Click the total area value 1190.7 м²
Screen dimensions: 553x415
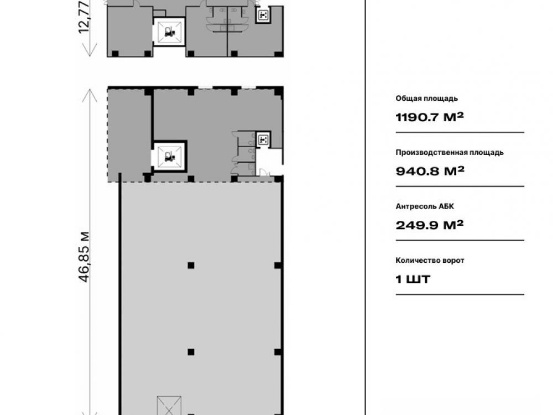pos(429,117)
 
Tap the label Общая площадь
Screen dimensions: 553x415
pos(426,98)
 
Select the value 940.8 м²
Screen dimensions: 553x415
pos(430,171)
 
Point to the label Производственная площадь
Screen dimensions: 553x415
pos(449,153)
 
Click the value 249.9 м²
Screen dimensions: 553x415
pos(429,225)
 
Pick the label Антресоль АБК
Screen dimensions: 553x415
pos(425,206)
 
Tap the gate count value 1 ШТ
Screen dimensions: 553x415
pos(413,279)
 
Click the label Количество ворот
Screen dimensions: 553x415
pos(430,261)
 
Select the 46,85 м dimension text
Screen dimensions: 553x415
pos(85,257)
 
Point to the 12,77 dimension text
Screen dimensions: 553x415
pos(85,18)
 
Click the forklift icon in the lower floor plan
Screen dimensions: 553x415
pos(169,157)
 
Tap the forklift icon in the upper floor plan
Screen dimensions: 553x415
pos(170,32)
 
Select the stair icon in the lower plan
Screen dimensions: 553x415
pos(263,140)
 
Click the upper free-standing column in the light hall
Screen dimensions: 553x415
pos(191,266)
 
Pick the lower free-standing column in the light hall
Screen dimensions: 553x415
pos(191,352)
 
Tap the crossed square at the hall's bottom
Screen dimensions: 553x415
pos(169,406)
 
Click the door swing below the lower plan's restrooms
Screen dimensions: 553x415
pos(264,173)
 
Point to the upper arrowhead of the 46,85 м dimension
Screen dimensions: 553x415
pos(90,95)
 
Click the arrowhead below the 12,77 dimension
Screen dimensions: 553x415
pos(90,50)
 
